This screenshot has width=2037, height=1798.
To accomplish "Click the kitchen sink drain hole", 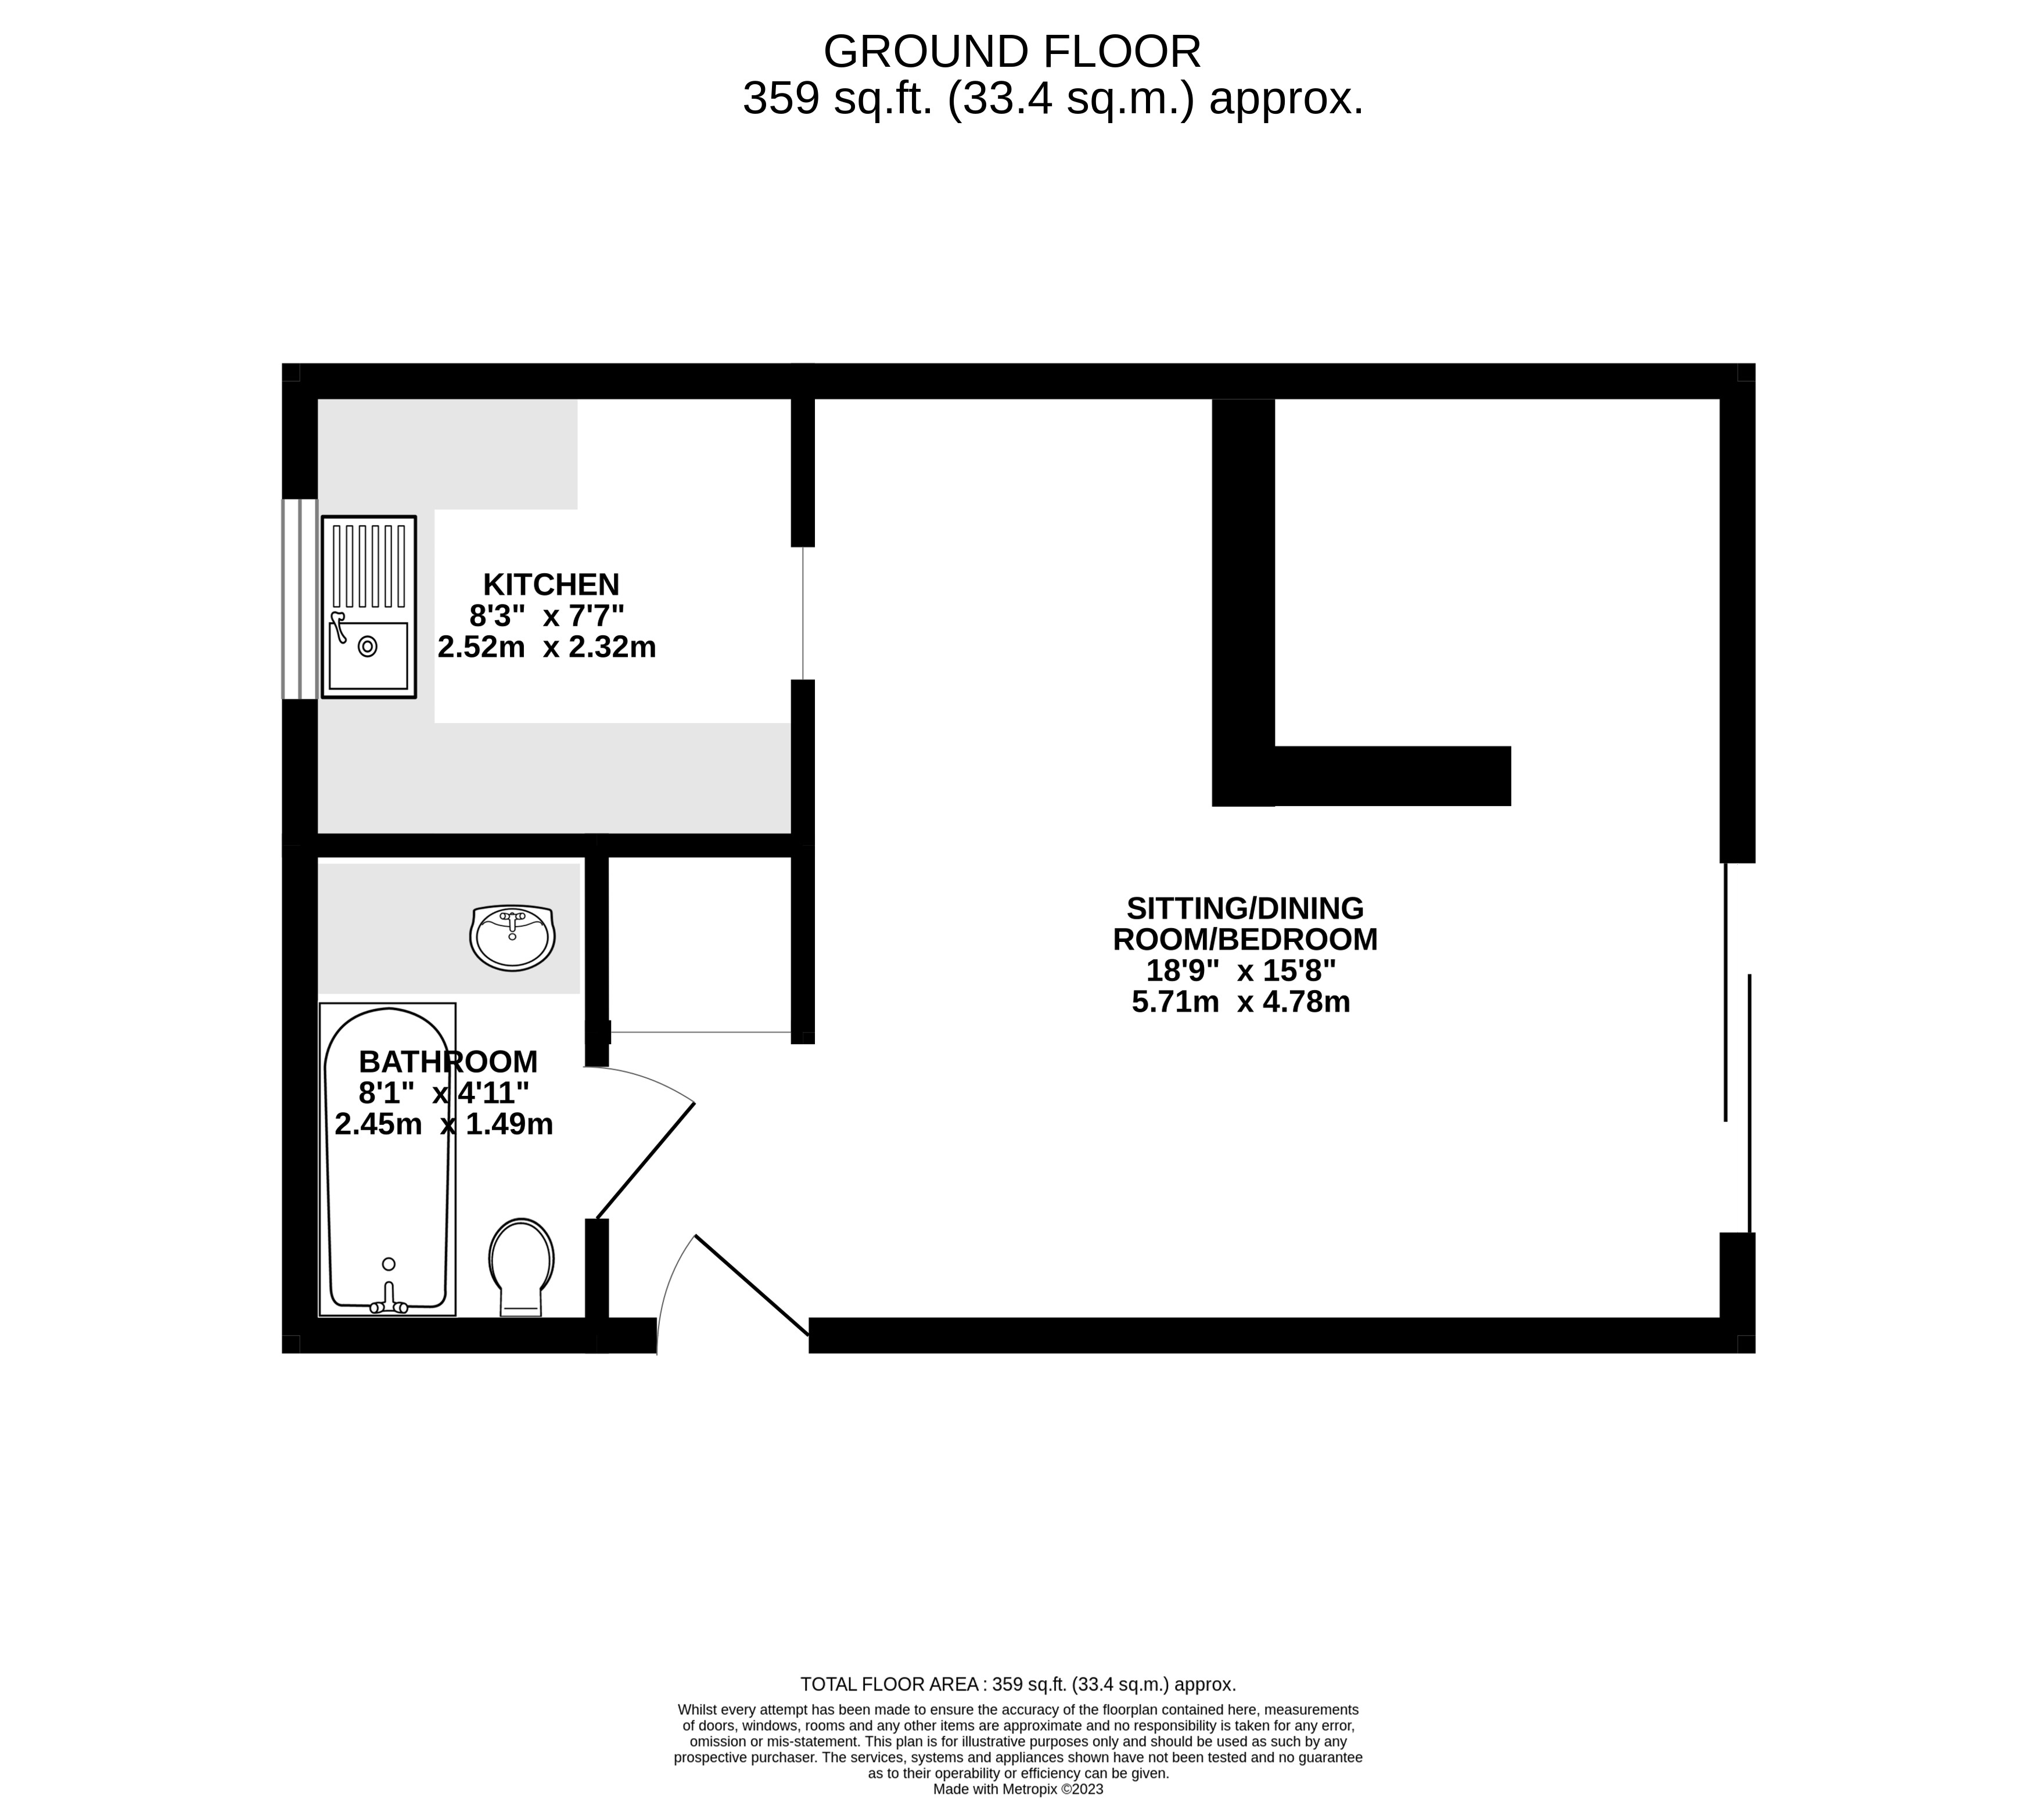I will (367, 647).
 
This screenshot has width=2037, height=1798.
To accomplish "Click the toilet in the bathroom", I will (520, 1266).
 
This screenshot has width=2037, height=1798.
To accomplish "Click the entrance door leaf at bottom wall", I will (752, 1286).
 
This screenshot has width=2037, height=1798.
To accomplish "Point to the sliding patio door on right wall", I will (1737, 1047).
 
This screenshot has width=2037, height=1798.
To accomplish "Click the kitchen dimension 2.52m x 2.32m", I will (546, 648).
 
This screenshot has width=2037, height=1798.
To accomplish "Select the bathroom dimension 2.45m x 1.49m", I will (444, 1124).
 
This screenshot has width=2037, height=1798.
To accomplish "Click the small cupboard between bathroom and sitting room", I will (699, 942).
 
